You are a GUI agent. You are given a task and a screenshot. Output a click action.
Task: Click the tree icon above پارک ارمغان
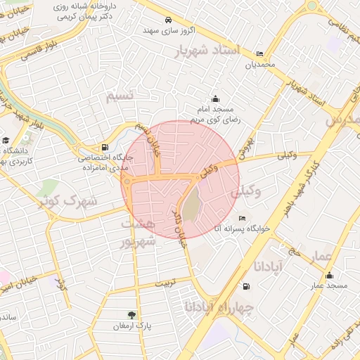pos(131,315)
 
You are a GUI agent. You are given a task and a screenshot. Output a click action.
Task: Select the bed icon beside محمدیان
pos(259,54)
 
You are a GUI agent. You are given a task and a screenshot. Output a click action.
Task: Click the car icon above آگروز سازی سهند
pos(168,20)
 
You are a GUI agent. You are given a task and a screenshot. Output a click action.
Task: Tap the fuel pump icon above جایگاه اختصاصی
pos(105,148)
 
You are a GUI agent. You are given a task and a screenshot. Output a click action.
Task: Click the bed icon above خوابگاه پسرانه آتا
pos(243,217)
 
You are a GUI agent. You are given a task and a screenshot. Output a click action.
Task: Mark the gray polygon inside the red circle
pos(191,205)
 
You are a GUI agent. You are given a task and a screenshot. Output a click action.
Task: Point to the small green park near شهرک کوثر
pos(49,188)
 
